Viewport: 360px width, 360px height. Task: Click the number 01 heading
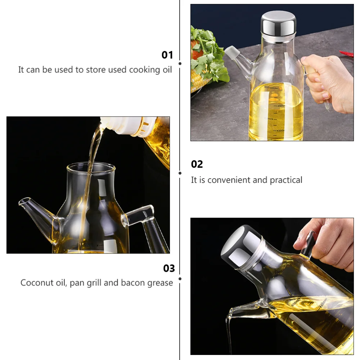coord(167,55)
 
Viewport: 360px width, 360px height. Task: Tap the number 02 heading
coord(197,164)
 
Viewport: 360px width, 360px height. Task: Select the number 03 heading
coord(169,269)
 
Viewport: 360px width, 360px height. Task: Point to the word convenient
coord(229,180)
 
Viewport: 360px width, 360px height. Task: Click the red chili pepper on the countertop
coord(347,54)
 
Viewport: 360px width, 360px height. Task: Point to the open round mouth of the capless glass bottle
coord(91,167)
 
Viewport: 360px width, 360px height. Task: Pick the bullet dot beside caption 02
coord(180,173)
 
